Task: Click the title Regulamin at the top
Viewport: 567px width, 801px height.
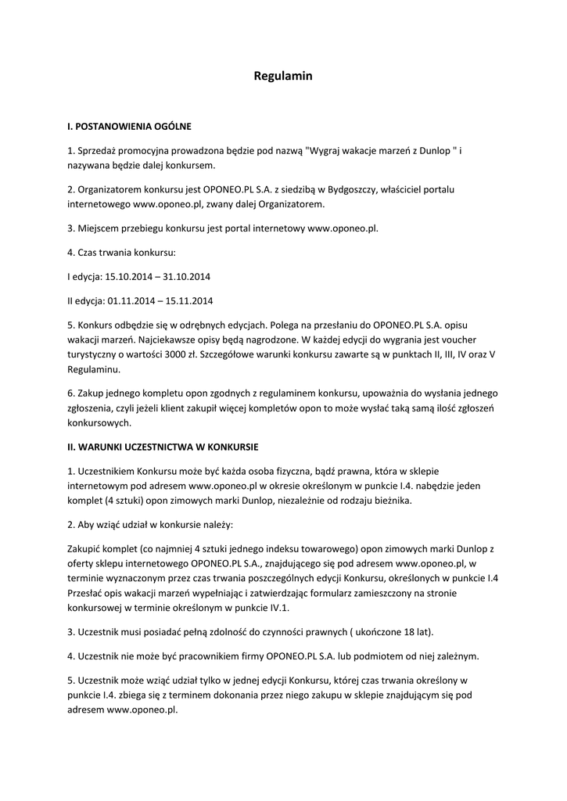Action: pos(283,76)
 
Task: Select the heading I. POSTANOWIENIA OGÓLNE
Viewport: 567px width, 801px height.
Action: pos(129,125)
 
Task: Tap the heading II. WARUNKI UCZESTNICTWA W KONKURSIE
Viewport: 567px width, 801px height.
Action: pos(163,447)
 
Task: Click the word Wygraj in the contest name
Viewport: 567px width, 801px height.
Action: pos(328,149)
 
